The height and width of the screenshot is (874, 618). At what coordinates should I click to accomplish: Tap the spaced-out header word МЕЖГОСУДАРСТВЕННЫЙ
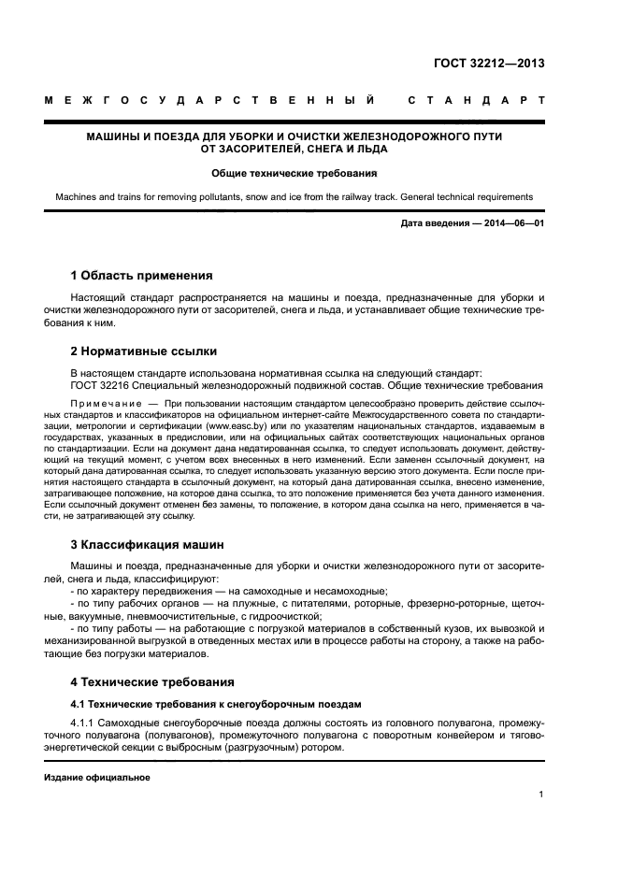pos(210,100)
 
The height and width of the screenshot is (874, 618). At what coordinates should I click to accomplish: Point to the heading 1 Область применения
pos(141,276)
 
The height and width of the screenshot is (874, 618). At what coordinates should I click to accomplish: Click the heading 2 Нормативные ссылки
pos(144,351)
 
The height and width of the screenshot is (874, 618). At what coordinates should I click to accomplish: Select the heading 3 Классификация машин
pos(147,544)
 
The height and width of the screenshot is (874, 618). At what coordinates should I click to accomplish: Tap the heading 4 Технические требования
pos(152,681)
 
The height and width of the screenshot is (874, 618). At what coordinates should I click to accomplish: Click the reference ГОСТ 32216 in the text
pos(102,386)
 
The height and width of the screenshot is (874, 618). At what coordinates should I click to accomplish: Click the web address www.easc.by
pos(216,424)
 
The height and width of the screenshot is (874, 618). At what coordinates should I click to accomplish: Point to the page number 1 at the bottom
pos(541,795)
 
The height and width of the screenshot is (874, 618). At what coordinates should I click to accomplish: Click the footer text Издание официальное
pos(97,776)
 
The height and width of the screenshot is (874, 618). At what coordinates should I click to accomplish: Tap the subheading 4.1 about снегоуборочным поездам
pos(216,703)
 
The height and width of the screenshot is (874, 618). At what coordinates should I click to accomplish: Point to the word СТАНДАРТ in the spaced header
pos(476,100)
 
